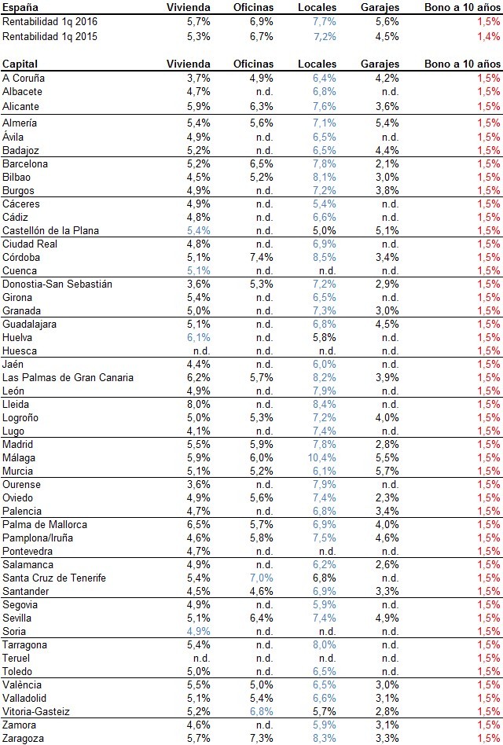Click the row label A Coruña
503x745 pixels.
coord(24,78)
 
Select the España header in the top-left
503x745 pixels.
coord(19,7)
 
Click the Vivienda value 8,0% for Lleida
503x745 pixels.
coord(199,404)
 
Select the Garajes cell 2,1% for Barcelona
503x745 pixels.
coord(387,163)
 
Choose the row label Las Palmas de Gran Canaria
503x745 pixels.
coord(68,377)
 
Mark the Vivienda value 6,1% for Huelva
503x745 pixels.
coord(199,337)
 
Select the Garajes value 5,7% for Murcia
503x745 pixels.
coord(387,471)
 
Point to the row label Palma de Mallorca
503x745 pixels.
coord(45,524)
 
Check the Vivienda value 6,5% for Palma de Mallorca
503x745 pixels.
coord(199,524)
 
